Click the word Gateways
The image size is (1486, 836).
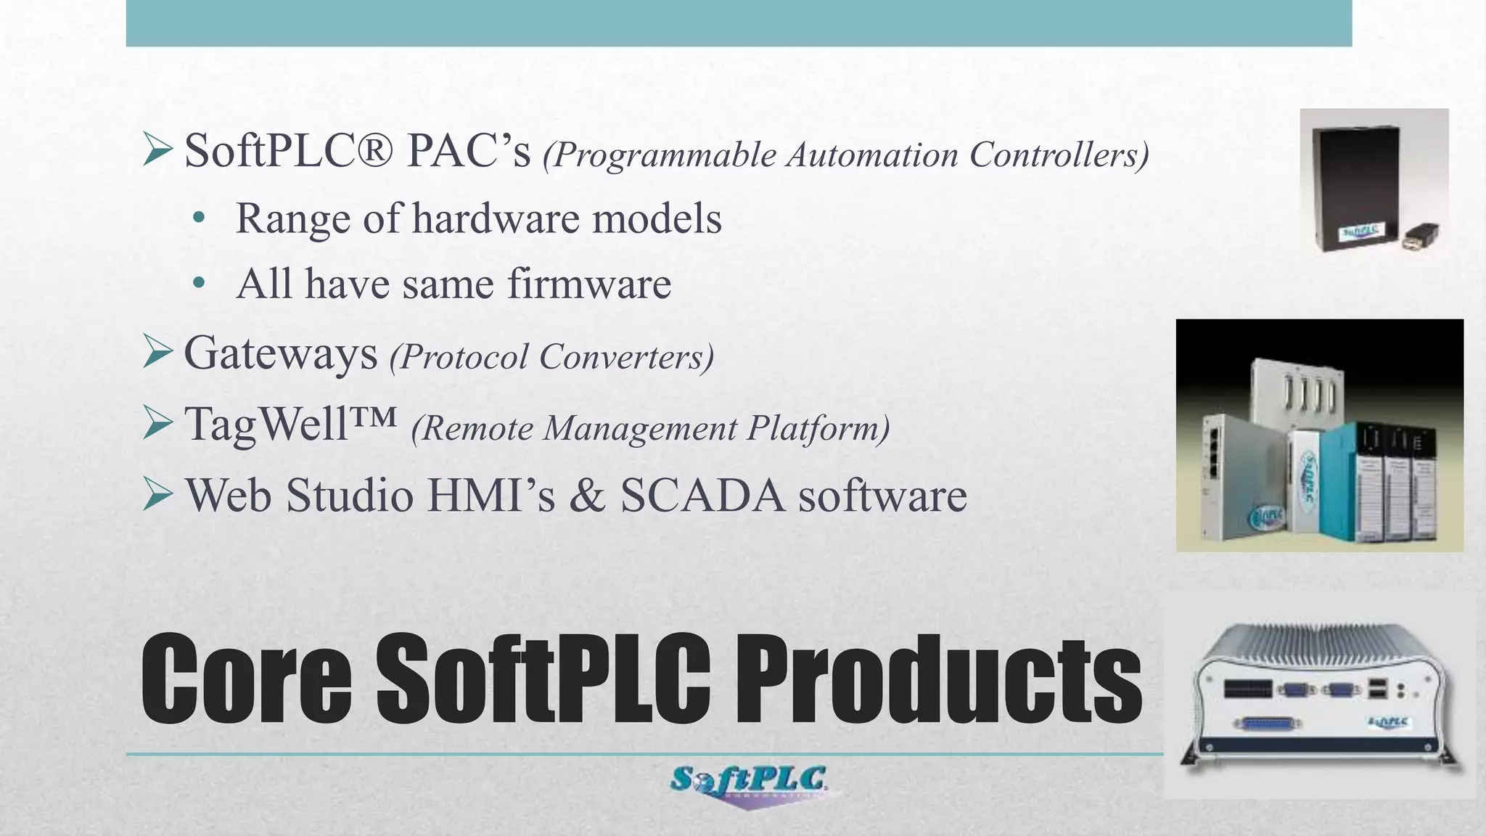pos(281,353)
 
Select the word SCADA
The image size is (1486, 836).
pos(702,496)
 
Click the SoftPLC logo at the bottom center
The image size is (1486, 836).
pos(747,782)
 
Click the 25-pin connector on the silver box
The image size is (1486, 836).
pos(1268,723)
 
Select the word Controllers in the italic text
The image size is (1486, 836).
pos(1059,155)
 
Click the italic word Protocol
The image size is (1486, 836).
pos(459,357)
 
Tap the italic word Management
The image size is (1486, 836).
pos(641,428)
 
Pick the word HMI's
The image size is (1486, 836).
pos(492,496)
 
